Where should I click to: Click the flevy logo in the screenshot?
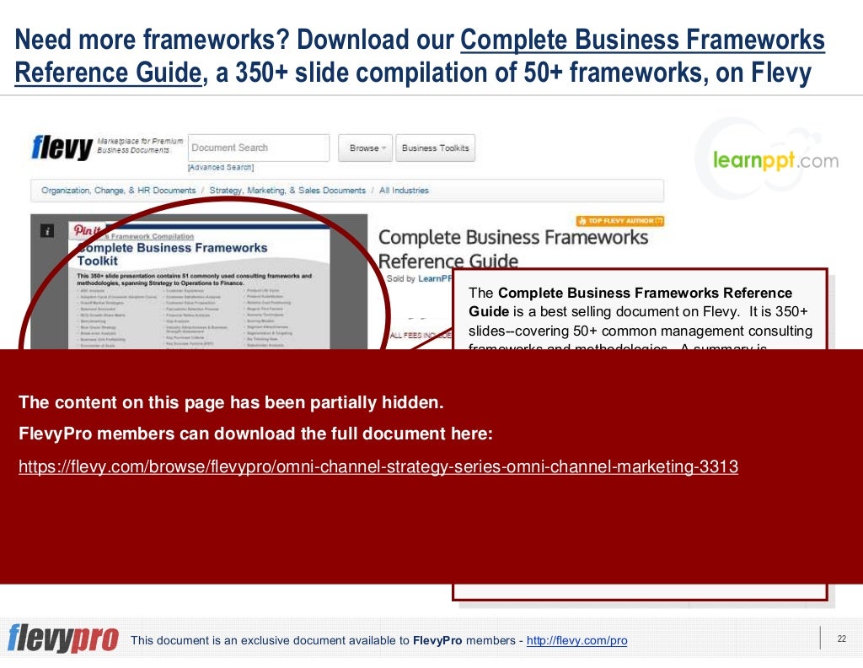(x=62, y=148)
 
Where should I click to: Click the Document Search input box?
(x=259, y=148)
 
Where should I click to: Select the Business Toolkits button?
(x=435, y=148)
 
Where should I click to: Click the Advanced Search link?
(x=220, y=167)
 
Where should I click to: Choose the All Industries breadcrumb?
(x=404, y=191)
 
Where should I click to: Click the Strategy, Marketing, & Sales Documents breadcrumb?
(x=287, y=191)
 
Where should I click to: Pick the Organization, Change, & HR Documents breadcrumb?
(x=118, y=191)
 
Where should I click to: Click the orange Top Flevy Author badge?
(x=620, y=221)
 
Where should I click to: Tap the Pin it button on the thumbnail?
(x=88, y=229)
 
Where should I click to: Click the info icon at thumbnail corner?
(x=48, y=229)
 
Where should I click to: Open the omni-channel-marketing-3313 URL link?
(x=378, y=466)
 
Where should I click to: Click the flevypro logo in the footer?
(x=63, y=638)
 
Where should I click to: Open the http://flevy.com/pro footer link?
(x=576, y=641)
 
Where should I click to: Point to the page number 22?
(x=840, y=638)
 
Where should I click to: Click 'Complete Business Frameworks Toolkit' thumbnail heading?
(x=172, y=254)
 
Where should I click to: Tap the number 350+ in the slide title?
(x=254, y=74)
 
